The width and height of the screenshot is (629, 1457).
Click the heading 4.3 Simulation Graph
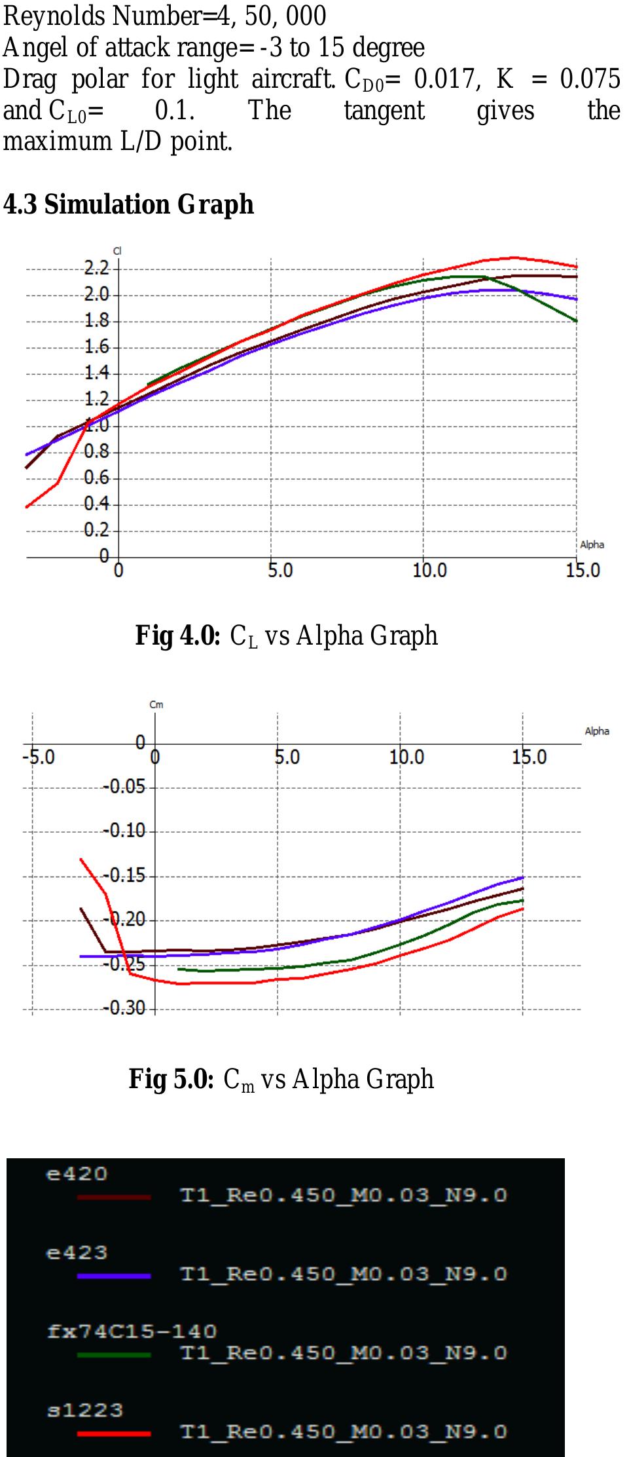click(128, 204)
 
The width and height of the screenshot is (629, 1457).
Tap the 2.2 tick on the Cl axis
click(97, 267)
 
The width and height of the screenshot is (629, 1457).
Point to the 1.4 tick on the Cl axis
click(97, 373)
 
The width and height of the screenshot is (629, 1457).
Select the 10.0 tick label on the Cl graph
click(429, 571)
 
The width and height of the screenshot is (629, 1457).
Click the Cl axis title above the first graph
click(117, 251)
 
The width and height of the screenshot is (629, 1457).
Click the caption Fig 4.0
click(177, 635)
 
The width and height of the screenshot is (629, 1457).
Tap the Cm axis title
click(156, 705)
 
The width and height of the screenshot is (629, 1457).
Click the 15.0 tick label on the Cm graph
click(529, 757)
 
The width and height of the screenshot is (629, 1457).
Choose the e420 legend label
click(77, 1174)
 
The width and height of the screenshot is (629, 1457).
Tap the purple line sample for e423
click(114, 1276)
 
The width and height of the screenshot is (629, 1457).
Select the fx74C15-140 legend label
click(132, 1331)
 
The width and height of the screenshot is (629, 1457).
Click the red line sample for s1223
click(114, 1433)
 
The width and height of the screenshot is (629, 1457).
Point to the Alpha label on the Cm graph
click(596, 731)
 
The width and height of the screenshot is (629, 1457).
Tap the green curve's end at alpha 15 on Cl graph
click(576, 321)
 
